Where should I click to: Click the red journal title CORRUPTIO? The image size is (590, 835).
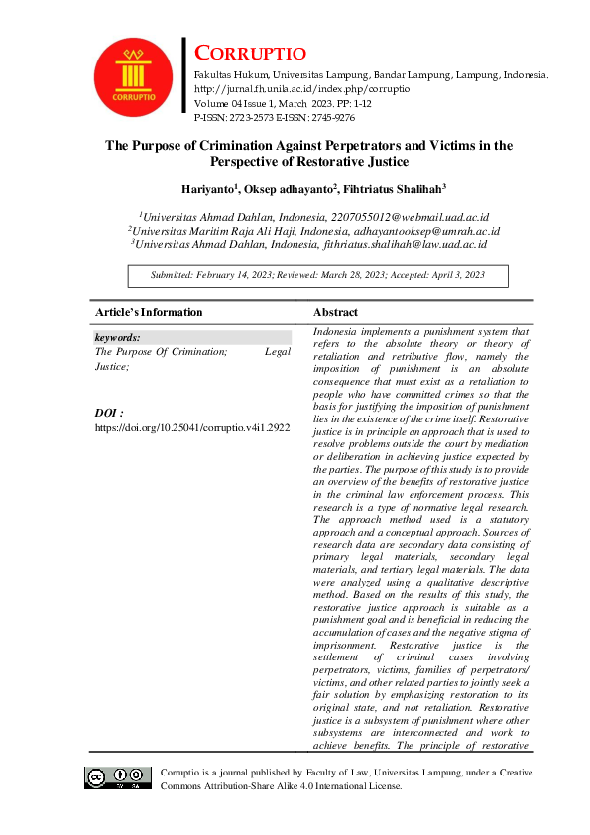(x=249, y=54)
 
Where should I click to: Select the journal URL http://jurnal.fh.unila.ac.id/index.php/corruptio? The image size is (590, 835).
(x=301, y=89)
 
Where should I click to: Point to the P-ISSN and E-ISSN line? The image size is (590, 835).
(x=275, y=117)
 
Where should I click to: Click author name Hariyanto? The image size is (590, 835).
(x=206, y=188)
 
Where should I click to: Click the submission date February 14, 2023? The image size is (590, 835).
(x=234, y=275)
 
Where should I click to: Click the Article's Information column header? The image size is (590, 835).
(x=149, y=312)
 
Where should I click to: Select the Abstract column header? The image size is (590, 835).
(x=336, y=312)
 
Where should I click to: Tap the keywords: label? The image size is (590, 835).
(x=117, y=337)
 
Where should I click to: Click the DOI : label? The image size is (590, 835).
(x=109, y=412)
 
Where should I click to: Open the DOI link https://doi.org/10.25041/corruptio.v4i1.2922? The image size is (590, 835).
(x=192, y=427)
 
